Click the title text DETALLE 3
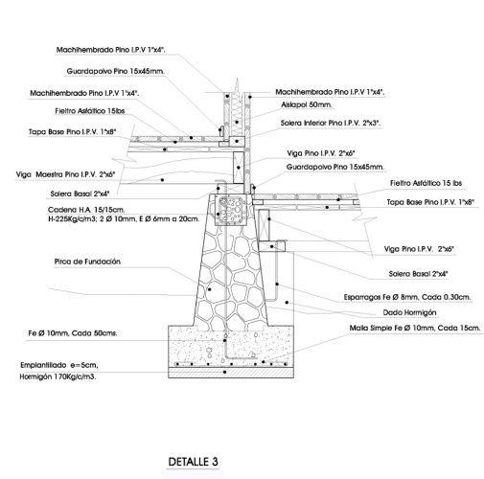[193, 462]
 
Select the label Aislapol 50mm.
[306, 104]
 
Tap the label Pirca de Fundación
[61, 261]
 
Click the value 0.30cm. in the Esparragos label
[450, 297]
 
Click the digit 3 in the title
[215, 462]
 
